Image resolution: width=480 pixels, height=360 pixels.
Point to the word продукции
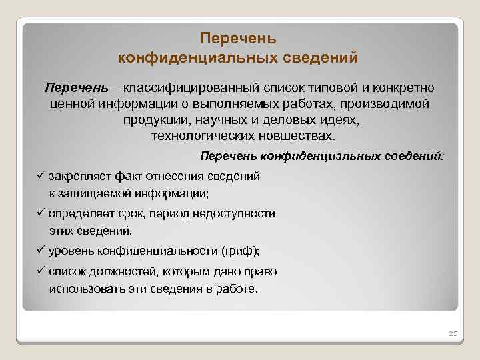click(154, 121)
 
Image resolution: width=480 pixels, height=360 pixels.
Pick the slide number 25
click(451, 333)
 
